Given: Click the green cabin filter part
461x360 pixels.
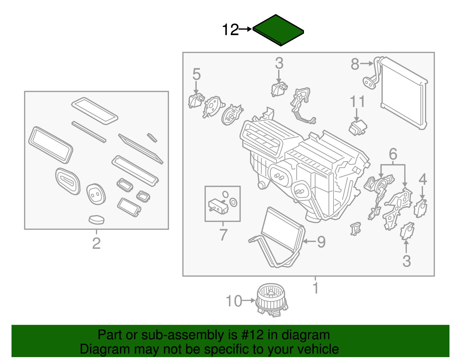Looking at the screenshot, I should coord(278,30).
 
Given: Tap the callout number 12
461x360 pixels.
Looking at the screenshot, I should coord(231,30).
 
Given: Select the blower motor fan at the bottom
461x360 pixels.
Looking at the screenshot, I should coord(271,300).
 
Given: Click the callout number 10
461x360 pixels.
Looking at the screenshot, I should coord(234,301).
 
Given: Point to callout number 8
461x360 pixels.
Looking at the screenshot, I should coord(355,64).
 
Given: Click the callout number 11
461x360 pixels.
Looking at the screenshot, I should coord(357,101).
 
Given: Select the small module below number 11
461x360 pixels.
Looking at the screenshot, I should coord(358,128).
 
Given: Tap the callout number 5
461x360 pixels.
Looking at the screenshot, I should coord(196,74).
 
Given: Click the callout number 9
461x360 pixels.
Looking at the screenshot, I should coord(321,242).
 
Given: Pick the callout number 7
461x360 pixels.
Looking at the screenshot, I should coord(223,235).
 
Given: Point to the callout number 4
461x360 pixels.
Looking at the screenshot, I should coord(422,179).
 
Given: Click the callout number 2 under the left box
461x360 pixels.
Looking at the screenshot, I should coord(96,243).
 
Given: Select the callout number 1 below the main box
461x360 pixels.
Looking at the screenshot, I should coord(315,288).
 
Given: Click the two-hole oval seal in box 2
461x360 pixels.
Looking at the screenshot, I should coord(96,194).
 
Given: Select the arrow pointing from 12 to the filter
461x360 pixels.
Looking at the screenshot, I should coord(245,29).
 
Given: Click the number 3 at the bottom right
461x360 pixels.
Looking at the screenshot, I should coord(406,261).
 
